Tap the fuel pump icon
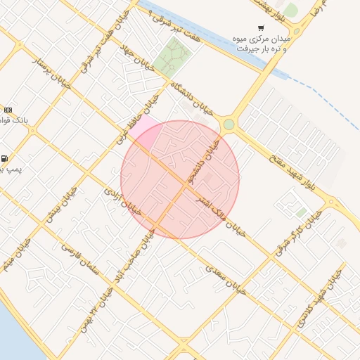[x=6, y=158]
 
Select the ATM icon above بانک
[x=8, y=110]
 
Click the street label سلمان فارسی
[x=82, y=260]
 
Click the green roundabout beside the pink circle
[x=229, y=125]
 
